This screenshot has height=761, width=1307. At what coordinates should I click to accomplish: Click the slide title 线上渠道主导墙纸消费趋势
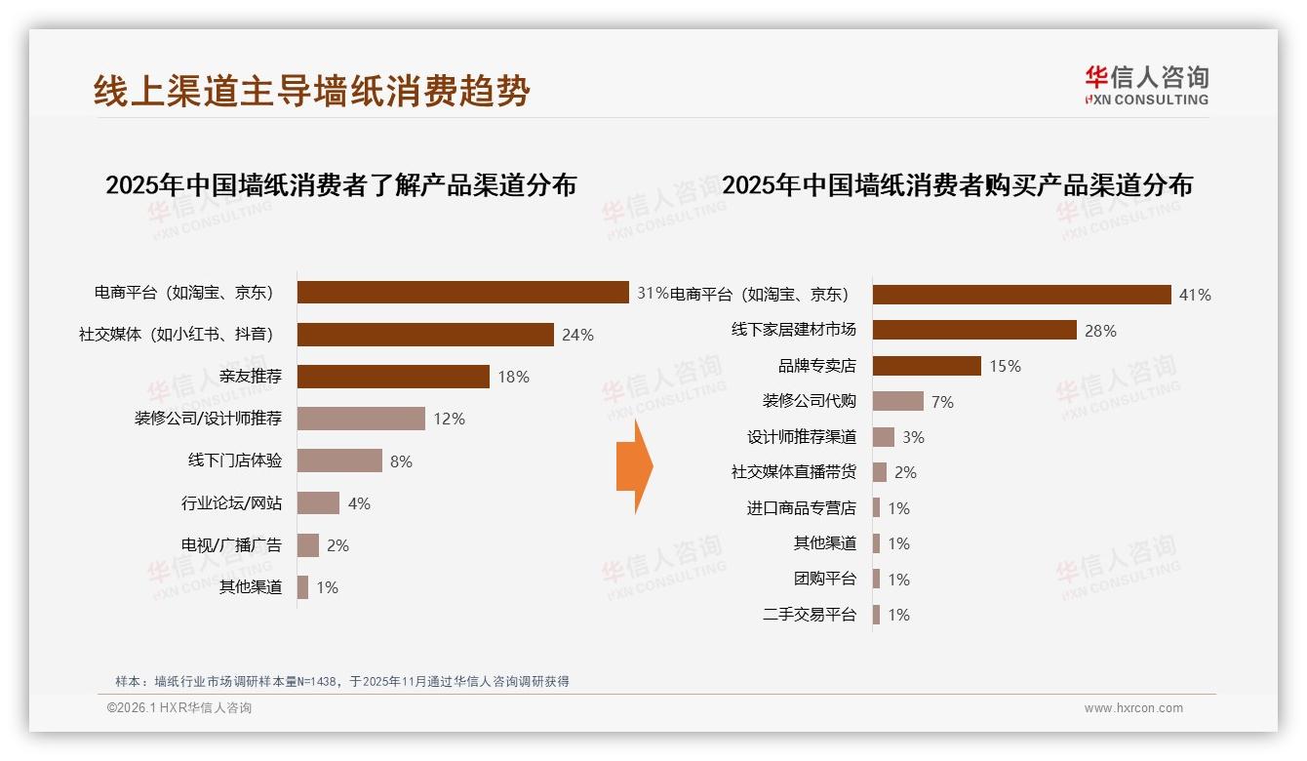coord(312,91)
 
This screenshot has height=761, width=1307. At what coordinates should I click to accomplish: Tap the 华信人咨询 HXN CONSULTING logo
coord(1146,86)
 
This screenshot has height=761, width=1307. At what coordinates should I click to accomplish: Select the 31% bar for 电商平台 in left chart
coord(462,293)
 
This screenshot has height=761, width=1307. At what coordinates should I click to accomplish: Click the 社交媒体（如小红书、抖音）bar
coord(425,335)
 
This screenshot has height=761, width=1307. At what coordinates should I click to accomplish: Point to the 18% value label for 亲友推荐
coord(513,377)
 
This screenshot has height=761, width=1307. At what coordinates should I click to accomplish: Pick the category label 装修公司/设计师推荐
coord(208,419)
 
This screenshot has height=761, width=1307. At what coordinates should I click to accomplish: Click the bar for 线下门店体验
coord(339,461)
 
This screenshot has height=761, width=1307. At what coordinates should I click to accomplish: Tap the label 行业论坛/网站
coord(231,503)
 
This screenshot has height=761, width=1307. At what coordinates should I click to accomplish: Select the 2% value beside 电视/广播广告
coord(337,545)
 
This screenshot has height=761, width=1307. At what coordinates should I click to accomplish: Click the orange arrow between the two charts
coord(635,466)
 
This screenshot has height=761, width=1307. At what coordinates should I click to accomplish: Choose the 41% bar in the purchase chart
coord(1021,295)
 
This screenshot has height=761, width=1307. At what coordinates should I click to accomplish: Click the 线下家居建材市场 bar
coord(974,330)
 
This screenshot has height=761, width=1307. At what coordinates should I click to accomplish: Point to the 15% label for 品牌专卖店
coord(1005,366)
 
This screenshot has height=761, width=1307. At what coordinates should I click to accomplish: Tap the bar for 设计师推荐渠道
coord(884,437)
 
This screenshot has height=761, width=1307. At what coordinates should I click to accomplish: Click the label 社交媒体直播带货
coord(793,472)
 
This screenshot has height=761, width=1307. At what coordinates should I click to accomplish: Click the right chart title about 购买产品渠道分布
coord(957,185)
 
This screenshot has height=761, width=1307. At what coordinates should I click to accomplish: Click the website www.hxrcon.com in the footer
coord(1132,708)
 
